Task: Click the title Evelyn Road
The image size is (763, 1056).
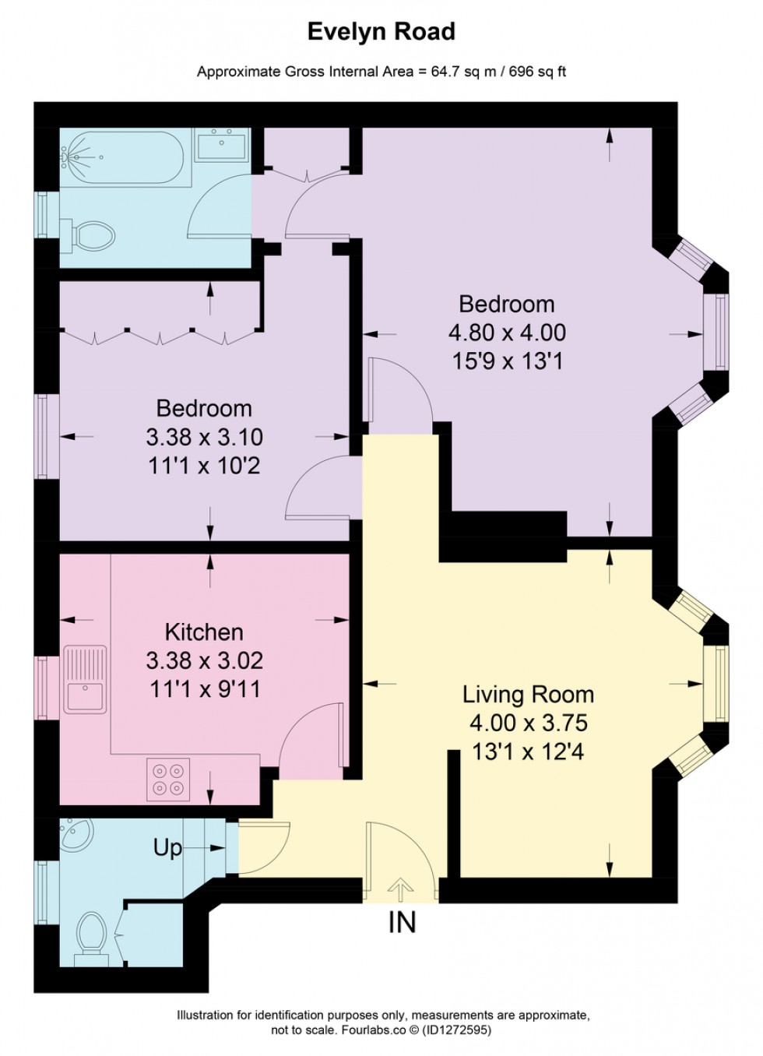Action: tap(381, 32)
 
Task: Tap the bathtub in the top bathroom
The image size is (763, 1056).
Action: tap(125, 157)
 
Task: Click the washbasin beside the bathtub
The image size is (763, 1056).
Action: tap(220, 146)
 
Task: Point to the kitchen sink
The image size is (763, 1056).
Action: tap(86, 679)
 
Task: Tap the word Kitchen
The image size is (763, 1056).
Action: tap(204, 632)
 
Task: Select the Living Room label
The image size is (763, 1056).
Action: tap(528, 694)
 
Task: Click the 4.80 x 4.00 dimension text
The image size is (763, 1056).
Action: tap(507, 333)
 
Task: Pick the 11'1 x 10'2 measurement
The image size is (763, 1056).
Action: tap(204, 466)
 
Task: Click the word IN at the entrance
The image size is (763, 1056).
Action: tap(402, 923)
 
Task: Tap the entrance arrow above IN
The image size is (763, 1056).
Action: tap(401, 889)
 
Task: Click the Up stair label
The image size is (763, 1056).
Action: tap(167, 847)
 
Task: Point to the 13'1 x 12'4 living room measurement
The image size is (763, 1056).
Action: tap(528, 752)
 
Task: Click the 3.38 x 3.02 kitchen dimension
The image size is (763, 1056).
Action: tap(204, 660)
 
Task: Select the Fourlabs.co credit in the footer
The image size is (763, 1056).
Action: tap(374, 1030)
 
